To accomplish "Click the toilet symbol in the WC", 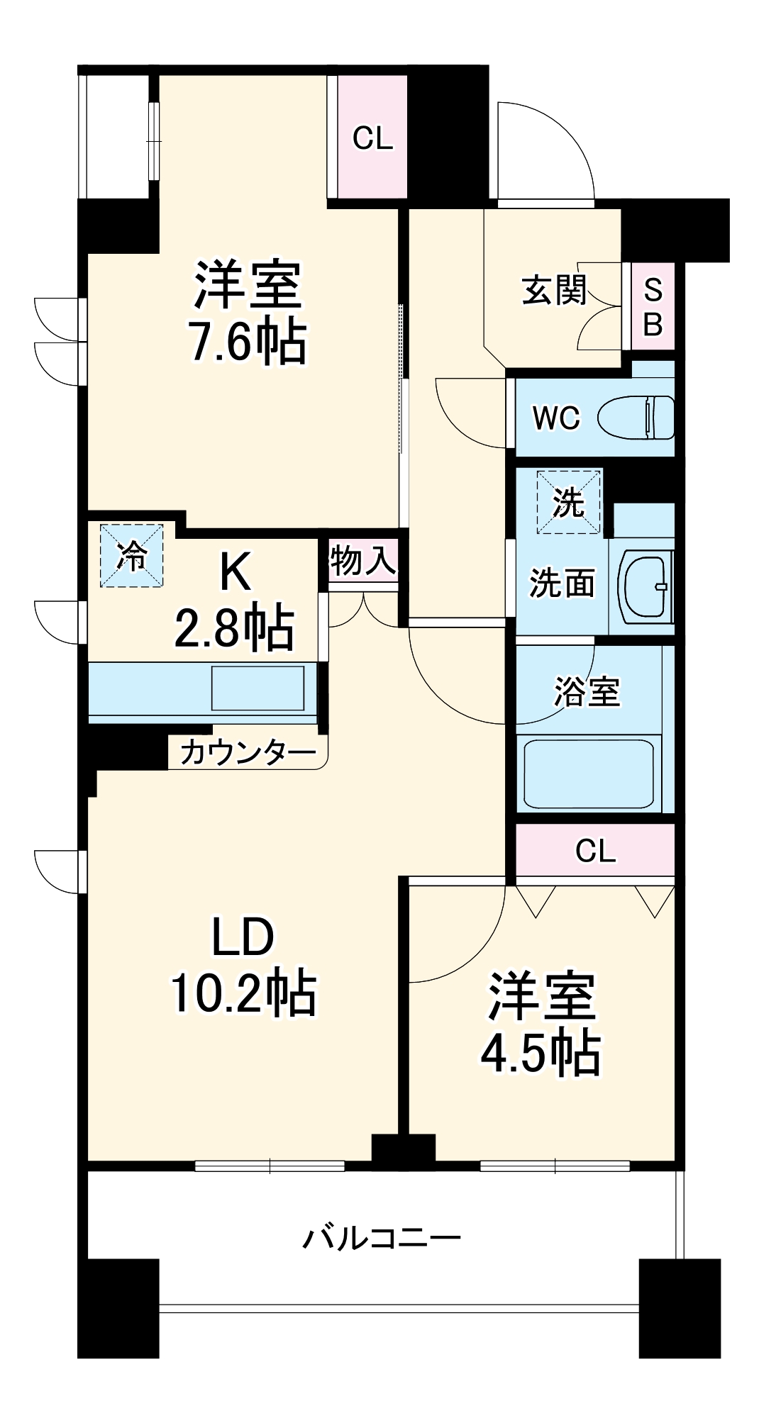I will tap(636, 418).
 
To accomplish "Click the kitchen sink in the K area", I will tap(257, 687).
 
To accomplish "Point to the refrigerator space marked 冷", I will tap(131, 555).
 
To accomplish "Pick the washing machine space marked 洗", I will tap(568, 502).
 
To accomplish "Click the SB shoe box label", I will tap(653, 307).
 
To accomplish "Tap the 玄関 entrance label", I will tap(554, 289).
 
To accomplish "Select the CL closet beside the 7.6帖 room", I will tap(372, 138).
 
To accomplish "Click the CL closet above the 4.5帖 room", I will tap(595, 851).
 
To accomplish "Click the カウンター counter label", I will tap(248, 752).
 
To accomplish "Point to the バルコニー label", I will tap(382, 1238).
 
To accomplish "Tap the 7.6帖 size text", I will tap(248, 342).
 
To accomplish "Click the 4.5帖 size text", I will tap(541, 1052).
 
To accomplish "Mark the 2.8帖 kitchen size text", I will tap(234, 627).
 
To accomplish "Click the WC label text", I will tap(556, 418).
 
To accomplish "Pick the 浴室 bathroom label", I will tap(587, 691).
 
